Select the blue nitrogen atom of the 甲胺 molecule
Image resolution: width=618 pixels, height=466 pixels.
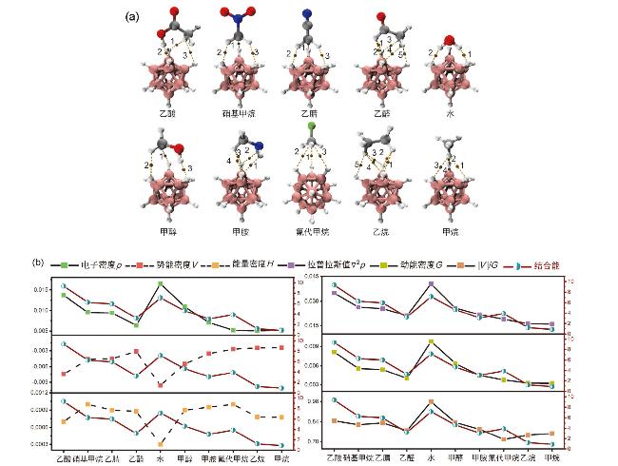[257, 146]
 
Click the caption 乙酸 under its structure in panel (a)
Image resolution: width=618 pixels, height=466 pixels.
[168, 112]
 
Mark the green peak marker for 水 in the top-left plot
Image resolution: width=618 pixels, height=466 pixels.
[159, 283]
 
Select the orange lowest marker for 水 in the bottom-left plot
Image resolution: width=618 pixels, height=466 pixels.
[159, 444]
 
